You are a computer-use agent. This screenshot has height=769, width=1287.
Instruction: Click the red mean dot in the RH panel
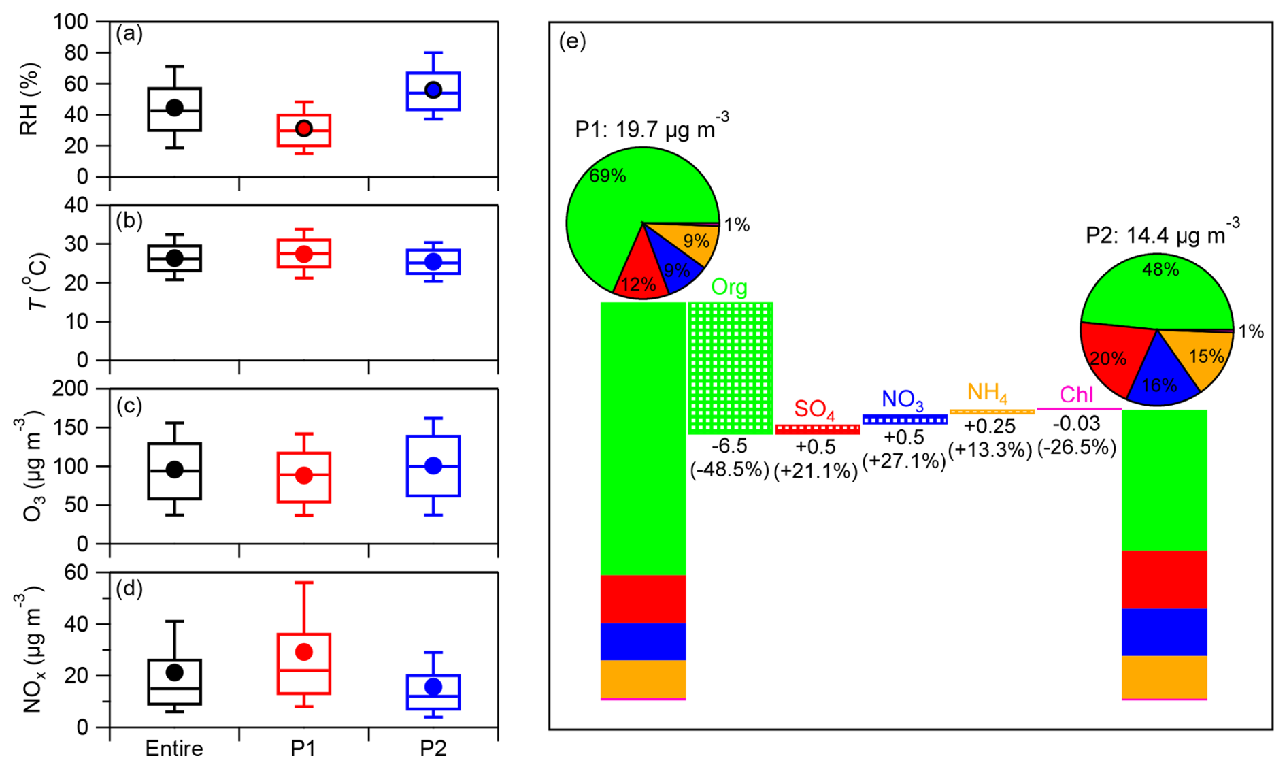304,129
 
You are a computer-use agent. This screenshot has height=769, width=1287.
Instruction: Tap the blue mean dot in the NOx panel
433,687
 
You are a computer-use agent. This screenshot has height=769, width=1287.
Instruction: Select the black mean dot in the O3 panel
175,470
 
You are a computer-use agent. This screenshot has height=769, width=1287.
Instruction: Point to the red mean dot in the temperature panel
304,254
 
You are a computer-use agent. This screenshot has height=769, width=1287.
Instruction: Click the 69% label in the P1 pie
607,176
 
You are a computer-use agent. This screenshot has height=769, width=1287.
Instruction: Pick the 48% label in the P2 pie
1160,269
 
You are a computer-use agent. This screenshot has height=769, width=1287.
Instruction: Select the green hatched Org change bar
731,367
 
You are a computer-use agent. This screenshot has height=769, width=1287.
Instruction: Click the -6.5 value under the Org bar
729,446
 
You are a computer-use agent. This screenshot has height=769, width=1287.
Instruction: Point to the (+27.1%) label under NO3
904,461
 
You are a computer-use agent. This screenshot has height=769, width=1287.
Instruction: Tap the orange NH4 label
987,393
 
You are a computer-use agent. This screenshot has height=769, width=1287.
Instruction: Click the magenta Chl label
1076,395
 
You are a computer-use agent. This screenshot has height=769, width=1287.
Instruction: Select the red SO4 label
814,409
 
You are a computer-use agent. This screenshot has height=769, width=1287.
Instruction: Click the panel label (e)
572,42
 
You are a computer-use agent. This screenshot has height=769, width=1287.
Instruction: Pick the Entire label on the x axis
174,749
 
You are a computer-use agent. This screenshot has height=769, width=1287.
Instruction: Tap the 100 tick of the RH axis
71,22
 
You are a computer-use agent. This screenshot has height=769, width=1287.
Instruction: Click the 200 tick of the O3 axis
71,389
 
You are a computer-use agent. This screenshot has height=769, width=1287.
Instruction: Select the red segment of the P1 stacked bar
643,599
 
